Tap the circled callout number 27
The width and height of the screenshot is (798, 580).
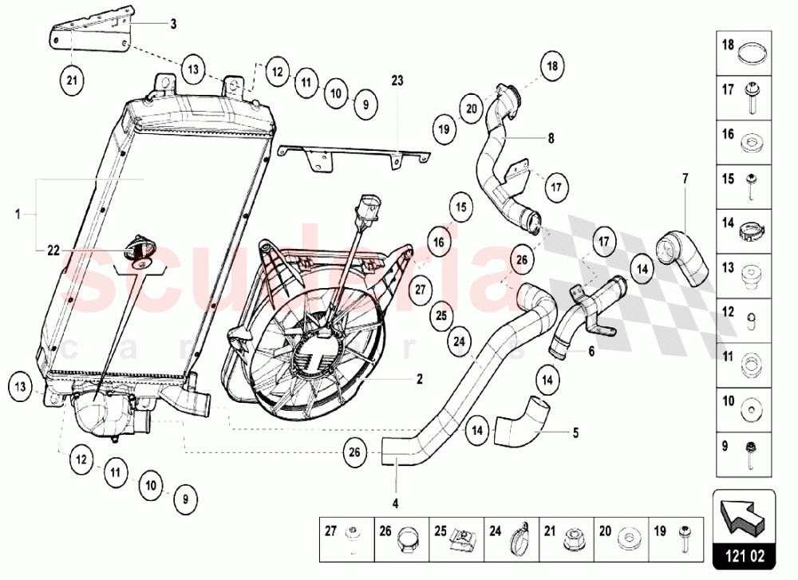[421, 289]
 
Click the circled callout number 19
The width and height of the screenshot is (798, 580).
[444, 128]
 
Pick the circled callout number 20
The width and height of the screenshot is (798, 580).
[471, 109]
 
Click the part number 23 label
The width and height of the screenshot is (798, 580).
[398, 80]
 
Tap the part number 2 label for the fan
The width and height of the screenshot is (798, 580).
[419, 380]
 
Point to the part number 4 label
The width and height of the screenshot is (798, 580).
[395, 503]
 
